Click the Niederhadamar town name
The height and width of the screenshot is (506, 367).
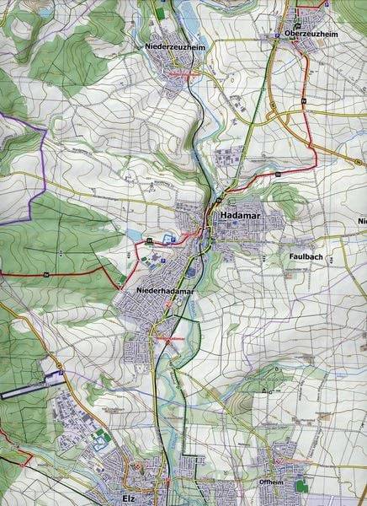tap(165, 292)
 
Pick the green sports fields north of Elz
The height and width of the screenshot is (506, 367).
tap(99, 439)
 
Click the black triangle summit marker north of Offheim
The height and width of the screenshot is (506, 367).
tap(266, 390)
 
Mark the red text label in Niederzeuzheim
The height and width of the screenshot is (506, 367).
tap(182, 73)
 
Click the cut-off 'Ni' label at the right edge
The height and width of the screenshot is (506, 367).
tap(360, 221)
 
